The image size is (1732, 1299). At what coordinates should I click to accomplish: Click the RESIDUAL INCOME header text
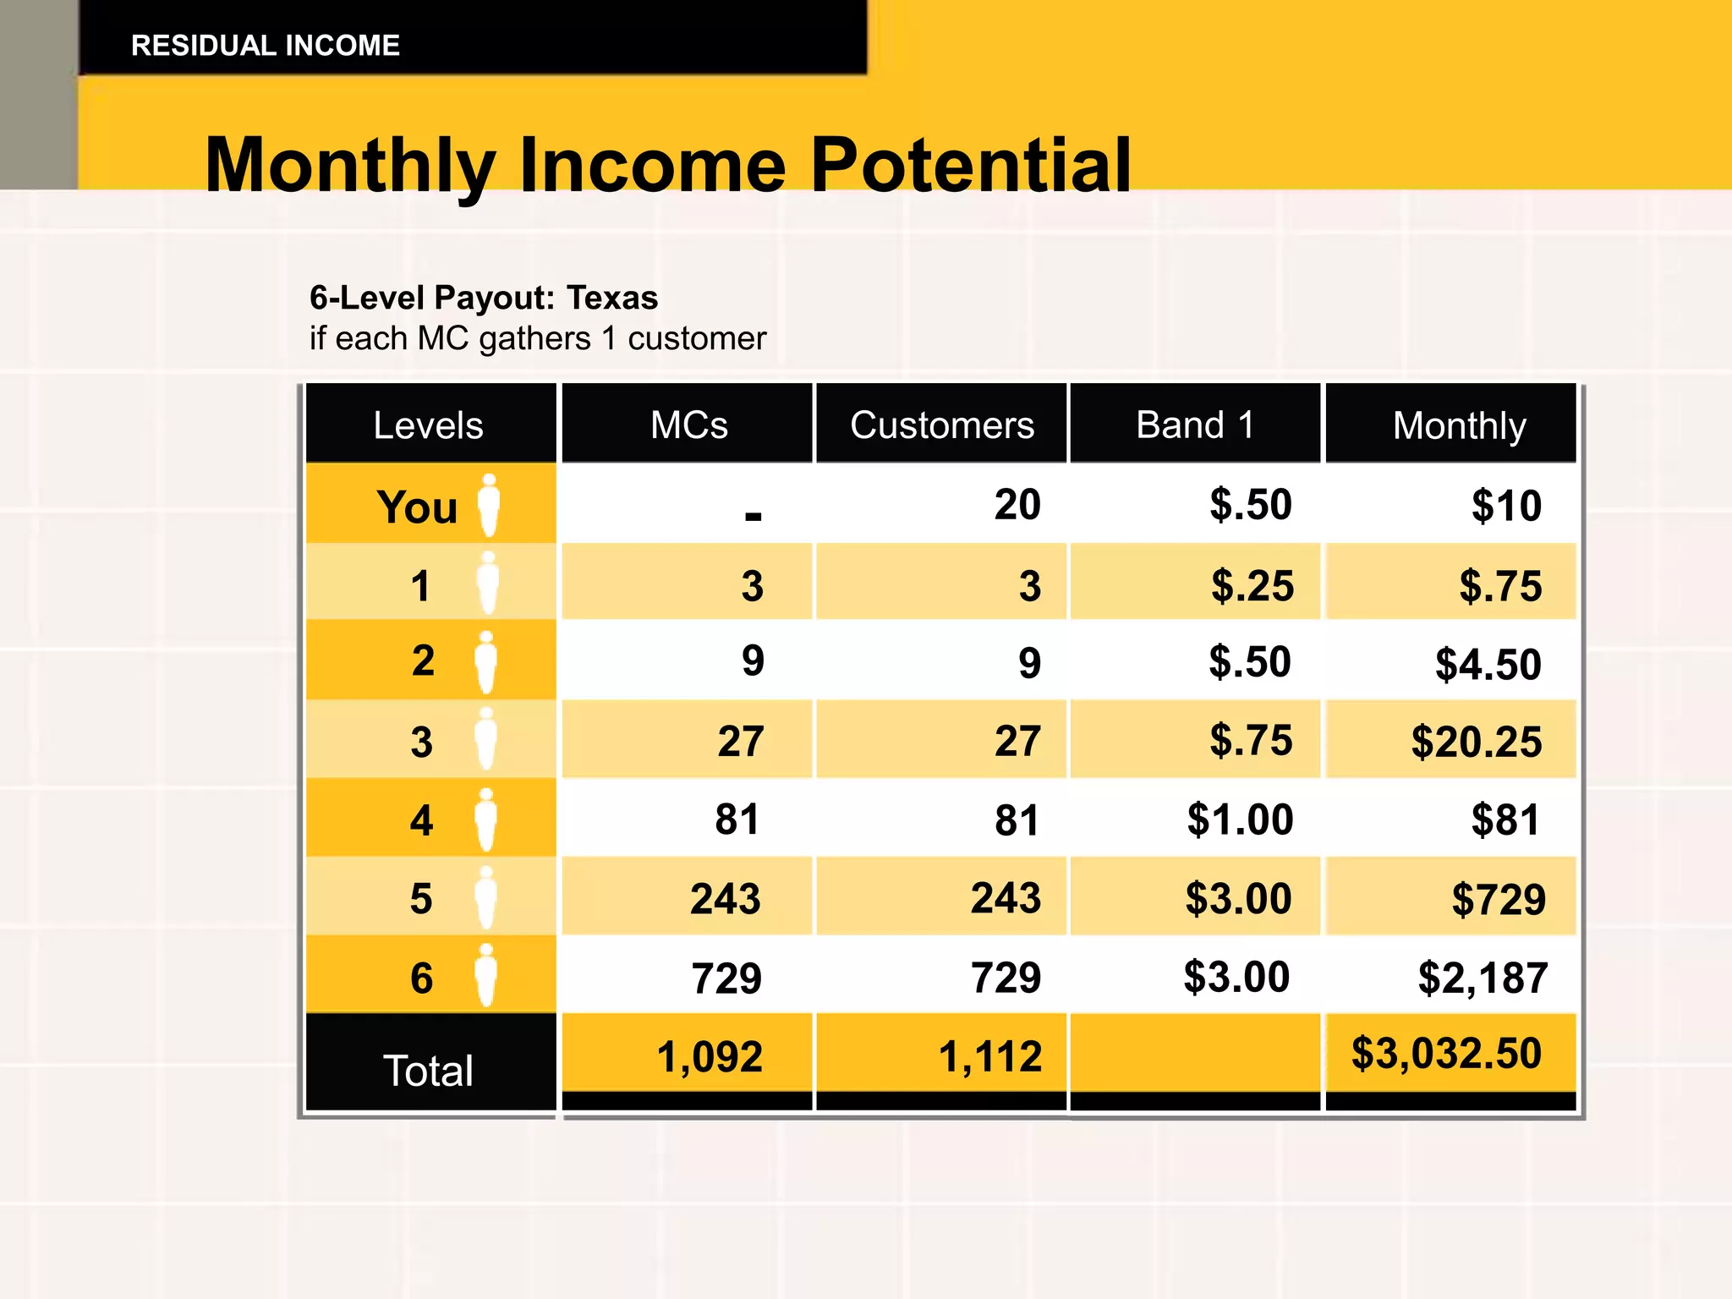pyautogui.click(x=265, y=46)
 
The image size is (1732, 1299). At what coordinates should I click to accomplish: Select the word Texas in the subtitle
pyautogui.click(x=611, y=298)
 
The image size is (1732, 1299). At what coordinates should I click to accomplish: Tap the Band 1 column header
pyautogui.click(x=1194, y=425)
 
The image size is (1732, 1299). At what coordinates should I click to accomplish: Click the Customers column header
pyautogui.click(x=941, y=425)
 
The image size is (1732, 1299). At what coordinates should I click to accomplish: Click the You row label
pyautogui.click(x=417, y=507)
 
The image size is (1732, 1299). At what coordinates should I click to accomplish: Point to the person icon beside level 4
pyautogui.click(x=485, y=819)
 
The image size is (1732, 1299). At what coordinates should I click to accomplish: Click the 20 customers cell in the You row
pyautogui.click(x=1017, y=505)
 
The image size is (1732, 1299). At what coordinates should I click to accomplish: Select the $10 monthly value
pyautogui.click(x=1505, y=506)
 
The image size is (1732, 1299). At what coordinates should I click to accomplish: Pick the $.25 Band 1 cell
pyautogui.click(x=1252, y=585)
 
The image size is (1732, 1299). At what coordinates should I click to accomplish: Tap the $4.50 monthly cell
pyautogui.click(x=1488, y=664)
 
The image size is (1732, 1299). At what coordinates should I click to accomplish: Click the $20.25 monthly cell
pyautogui.click(x=1476, y=742)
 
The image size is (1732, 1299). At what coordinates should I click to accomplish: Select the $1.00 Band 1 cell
pyautogui.click(x=1240, y=819)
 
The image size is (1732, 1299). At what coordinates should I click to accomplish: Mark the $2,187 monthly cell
pyautogui.click(x=1483, y=978)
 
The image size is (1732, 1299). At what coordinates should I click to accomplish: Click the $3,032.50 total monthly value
pyautogui.click(x=1446, y=1054)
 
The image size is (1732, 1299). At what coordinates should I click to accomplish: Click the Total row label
pyautogui.click(x=428, y=1071)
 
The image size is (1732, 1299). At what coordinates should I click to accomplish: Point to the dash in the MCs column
pyautogui.click(x=753, y=515)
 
